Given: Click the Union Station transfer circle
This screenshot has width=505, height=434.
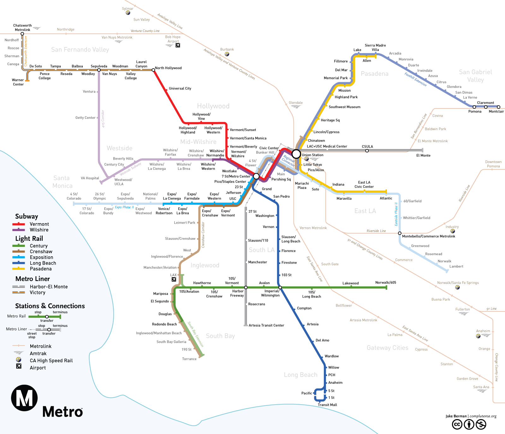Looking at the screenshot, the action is (x=296, y=154).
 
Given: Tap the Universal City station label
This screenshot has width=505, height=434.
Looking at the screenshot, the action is (x=180, y=89).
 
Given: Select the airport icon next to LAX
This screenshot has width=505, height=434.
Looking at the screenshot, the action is (x=174, y=279).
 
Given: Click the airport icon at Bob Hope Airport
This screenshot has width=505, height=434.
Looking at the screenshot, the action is (x=178, y=45).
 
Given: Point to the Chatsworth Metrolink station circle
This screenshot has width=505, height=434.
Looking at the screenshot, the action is (x=22, y=34).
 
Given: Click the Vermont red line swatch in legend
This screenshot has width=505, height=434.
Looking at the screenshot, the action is (x=19, y=224).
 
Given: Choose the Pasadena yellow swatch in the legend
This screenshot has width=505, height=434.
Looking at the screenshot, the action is (x=19, y=269).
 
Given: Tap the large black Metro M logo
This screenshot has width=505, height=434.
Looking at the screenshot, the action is (x=24, y=398).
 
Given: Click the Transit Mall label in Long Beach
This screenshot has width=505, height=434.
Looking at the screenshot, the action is (x=327, y=405).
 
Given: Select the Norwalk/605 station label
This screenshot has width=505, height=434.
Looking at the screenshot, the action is (x=385, y=283).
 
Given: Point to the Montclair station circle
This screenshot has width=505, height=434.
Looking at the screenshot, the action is (x=498, y=107).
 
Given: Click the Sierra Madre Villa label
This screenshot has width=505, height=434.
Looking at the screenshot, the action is (x=375, y=47).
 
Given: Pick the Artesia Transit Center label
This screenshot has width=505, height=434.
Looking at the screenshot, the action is (x=266, y=325).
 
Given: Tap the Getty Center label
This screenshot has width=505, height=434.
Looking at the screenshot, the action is (x=85, y=118).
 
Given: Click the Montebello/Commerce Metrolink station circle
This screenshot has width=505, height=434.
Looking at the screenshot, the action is (x=400, y=233).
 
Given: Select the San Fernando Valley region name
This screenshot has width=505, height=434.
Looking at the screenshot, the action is (x=80, y=50).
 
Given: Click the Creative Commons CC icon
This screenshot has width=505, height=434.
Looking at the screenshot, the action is (x=457, y=425).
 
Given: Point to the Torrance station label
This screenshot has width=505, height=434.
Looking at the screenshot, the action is (x=189, y=359).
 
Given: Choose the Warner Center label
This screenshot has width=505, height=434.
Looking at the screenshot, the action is (x=18, y=82).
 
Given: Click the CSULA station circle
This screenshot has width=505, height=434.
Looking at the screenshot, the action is (x=367, y=151).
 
